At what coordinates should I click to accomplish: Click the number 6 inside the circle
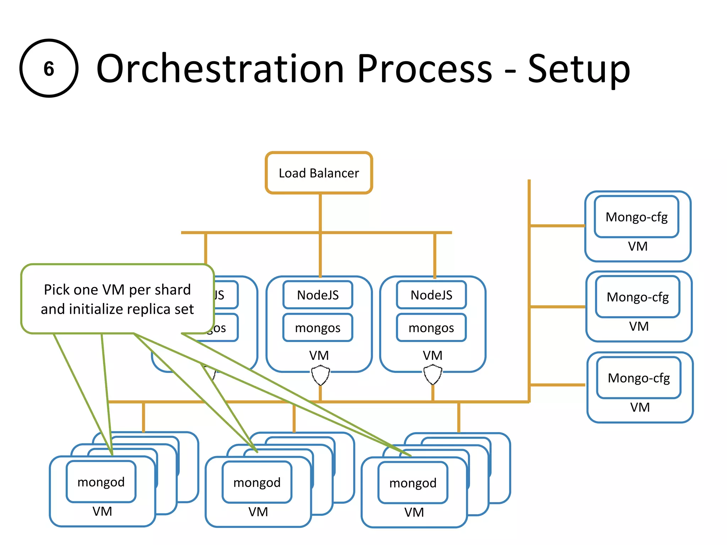[49, 68]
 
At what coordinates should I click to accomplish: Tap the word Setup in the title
[579, 69]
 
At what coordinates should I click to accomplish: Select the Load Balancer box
[319, 173]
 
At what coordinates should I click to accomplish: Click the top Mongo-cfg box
[636, 217]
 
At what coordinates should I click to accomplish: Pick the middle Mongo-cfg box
[638, 297]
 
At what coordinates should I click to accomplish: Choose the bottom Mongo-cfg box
[639, 378]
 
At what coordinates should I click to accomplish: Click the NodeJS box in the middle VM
[318, 295]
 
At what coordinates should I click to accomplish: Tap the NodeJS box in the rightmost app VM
[431, 295]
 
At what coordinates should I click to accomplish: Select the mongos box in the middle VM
[318, 327]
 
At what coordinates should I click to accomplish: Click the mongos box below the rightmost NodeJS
[431, 327]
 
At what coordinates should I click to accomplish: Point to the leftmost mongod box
[101, 482]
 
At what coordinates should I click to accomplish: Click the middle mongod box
[257, 482]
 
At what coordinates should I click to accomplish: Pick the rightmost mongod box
[413, 483]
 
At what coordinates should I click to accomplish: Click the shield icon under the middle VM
[320, 375]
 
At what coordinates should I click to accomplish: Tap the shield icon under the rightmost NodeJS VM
[433, 375]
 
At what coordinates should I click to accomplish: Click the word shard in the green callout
[174, 290]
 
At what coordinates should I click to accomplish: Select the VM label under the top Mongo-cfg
[638, 246]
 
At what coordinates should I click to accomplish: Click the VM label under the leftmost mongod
[102, 511]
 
